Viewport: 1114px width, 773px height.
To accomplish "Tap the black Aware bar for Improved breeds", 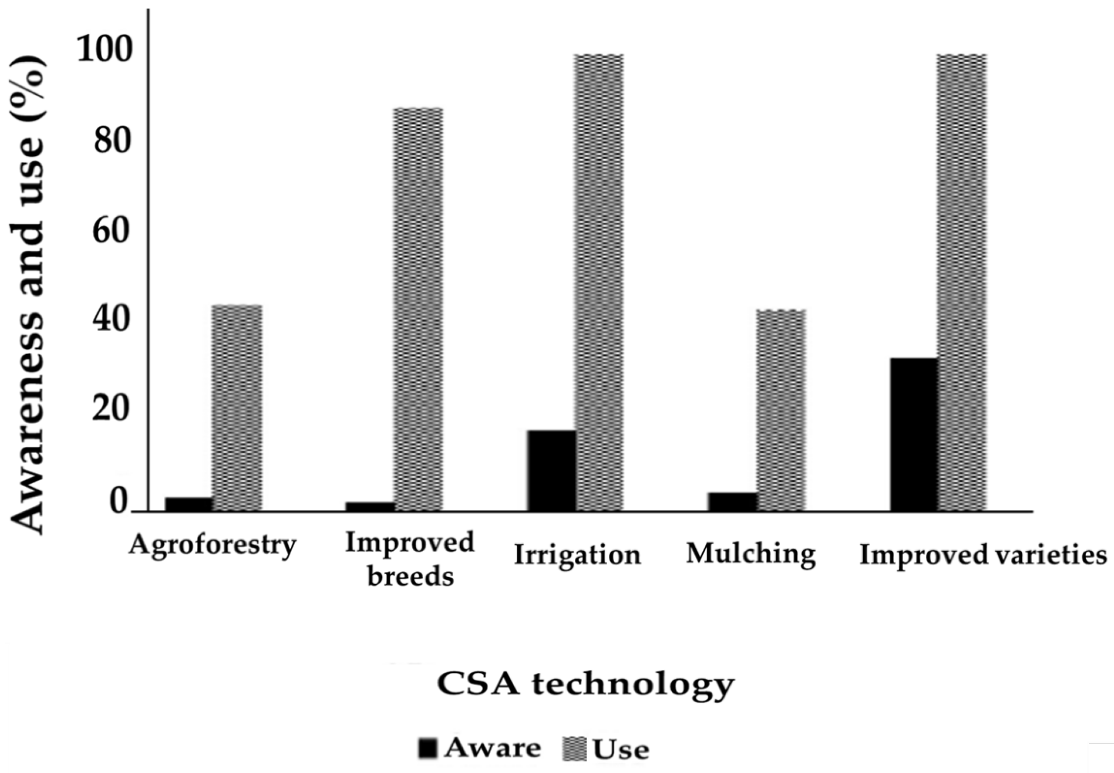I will coord(370,507).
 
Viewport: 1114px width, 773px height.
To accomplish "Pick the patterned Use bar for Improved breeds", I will coord(418,309).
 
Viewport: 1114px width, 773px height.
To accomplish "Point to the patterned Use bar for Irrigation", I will coord(599,282).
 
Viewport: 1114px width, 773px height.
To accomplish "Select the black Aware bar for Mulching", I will coord(732,502).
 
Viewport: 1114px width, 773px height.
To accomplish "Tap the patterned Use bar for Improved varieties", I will coord(962,282).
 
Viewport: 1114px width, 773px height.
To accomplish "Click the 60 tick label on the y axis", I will coord(113,232).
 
